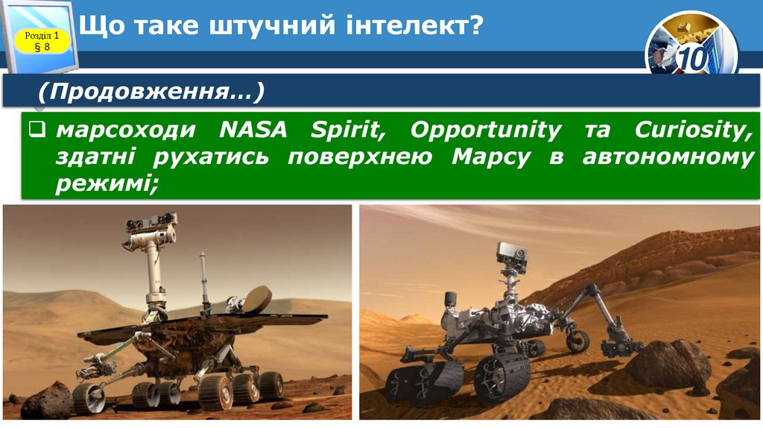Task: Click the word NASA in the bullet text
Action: point(254,130)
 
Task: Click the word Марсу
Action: point(491,157)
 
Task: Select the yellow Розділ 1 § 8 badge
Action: point(42,42)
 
